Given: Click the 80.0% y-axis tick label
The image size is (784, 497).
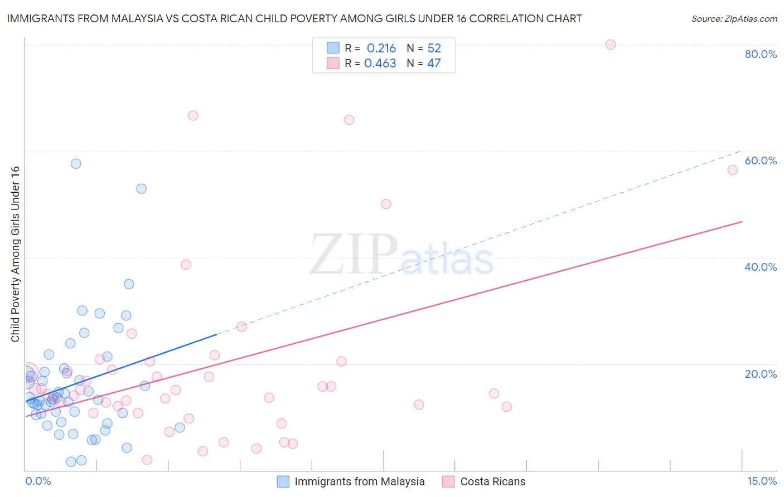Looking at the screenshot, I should pos(761,54).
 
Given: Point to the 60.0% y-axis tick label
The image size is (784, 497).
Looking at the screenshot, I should pos(761,160).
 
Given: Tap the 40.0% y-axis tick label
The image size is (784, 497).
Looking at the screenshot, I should pos(761,267).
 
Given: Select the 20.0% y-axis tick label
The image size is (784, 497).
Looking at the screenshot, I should pos(761,374).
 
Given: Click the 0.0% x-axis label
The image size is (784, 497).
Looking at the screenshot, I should pos(38,481).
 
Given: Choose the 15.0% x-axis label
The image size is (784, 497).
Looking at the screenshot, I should pos(762,481).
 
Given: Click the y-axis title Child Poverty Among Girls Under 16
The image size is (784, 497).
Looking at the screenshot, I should pos(15,254).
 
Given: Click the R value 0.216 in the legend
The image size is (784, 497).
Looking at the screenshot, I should pos(381,48).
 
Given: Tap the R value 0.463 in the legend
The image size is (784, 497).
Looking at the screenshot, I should pos(380,63).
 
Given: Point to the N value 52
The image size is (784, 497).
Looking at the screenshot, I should pos(434,48).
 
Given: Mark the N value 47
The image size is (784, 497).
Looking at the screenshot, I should pos(434,63).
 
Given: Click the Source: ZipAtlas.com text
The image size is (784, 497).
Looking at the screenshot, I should pos(734,18).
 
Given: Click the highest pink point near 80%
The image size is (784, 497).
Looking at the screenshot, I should pos(611,45).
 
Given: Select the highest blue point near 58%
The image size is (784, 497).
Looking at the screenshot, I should pos(76,164).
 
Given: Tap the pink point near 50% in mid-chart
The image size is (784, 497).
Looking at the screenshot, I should pos(386,204).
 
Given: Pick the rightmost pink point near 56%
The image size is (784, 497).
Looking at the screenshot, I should pos(733,170).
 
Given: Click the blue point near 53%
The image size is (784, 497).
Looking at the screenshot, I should pos(142,189).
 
